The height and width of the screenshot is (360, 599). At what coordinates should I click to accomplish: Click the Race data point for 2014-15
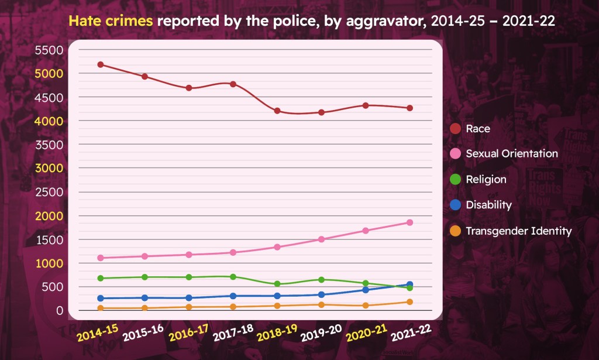(x=101, y=64)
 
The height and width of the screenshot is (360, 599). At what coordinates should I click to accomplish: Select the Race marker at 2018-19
(x=277, y=111)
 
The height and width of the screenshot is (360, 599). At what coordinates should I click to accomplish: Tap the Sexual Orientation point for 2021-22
(x=410, y=222)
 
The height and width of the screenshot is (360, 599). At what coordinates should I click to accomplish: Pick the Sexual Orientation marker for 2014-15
(x=101, y=258)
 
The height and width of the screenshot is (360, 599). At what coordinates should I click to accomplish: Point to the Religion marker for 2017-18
(x=233, y=276)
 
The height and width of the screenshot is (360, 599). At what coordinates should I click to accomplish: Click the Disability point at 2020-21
(x=366, y=290)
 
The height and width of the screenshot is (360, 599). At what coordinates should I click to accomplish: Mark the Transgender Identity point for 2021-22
(x=410, y=302)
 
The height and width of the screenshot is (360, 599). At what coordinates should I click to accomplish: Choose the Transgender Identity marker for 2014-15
(x=101, y=308)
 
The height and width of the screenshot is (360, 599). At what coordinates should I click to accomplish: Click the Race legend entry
(x=478, y=128)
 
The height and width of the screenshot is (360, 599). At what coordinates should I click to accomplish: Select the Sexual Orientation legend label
(x=511, y=153)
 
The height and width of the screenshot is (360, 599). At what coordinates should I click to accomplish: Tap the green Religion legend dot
(x=455, y=180)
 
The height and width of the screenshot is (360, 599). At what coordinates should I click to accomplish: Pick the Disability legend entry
(x=488, y=205)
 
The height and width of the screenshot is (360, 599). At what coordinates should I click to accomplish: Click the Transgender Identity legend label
(x=518, y=231)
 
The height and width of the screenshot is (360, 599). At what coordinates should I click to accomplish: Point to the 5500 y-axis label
(x=49, y=50)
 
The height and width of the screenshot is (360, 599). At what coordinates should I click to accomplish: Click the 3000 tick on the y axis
(x=49, y=168)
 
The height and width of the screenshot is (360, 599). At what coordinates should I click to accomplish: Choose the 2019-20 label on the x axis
(x=321, y=333)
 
